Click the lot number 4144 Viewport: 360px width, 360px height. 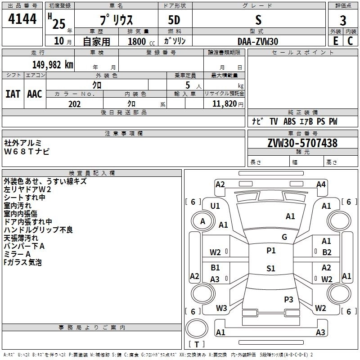[22, 19]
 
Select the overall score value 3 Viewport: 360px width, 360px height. [343, 20]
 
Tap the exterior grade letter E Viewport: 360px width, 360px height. [335, 40]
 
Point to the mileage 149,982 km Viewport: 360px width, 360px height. [53, 64]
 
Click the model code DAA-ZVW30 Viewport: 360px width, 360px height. [258, 41]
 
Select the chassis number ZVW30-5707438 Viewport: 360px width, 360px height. [302, 143]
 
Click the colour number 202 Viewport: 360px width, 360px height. [74, 104]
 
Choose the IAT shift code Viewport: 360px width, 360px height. [13, 94]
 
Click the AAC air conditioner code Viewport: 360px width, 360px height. [34, 94]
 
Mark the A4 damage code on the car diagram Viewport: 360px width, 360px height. [321, 184]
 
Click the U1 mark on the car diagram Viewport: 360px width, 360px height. [215, 206]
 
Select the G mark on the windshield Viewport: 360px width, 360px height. [284, 237]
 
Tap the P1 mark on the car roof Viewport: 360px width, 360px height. [271, 251]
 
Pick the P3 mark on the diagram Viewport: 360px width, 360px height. [288, 299]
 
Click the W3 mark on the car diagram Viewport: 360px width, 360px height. [221, 308]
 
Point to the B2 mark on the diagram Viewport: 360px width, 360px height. [327, 252]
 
